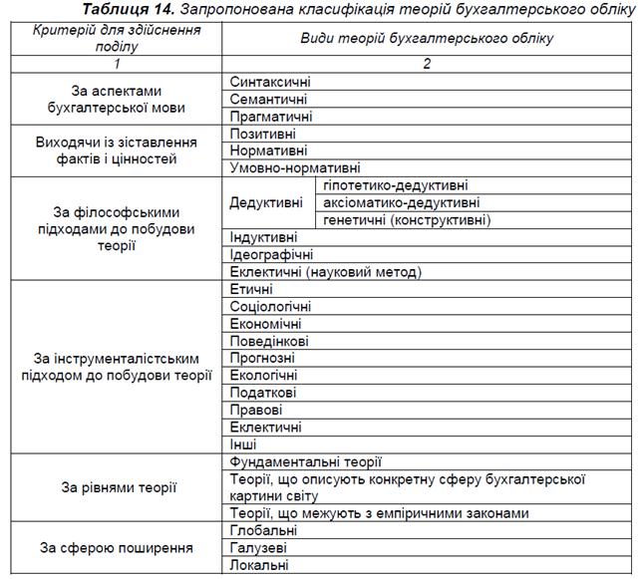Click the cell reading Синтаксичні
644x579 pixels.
(269, 82)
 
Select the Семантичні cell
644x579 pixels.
(268, 99)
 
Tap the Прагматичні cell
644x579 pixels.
(270, 116)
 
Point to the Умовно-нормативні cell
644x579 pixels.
(294, 168)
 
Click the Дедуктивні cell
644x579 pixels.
(266, 202)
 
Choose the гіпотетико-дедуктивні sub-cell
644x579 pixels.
(396, 185)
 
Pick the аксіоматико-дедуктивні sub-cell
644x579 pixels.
(401, 202)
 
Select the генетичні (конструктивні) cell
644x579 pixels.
(407, 219)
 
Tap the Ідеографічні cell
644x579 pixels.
(271, 254)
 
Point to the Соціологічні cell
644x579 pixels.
(270, 306)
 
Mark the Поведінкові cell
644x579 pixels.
(268, 341)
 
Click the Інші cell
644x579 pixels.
(242, 444)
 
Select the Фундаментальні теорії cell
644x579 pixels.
(305, 462)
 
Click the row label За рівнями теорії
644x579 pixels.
(118, 488)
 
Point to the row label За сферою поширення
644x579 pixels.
(118, 548)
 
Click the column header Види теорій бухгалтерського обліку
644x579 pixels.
(427, 38)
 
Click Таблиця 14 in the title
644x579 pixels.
(131, 9)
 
